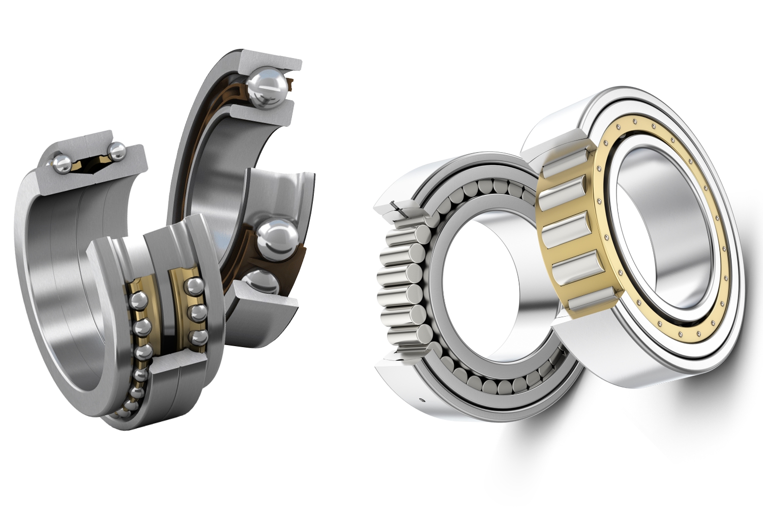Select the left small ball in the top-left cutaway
pos(63,163)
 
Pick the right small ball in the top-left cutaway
pos(116,151)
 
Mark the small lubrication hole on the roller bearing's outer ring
pos(422,399)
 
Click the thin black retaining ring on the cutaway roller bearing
pos(400,211)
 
